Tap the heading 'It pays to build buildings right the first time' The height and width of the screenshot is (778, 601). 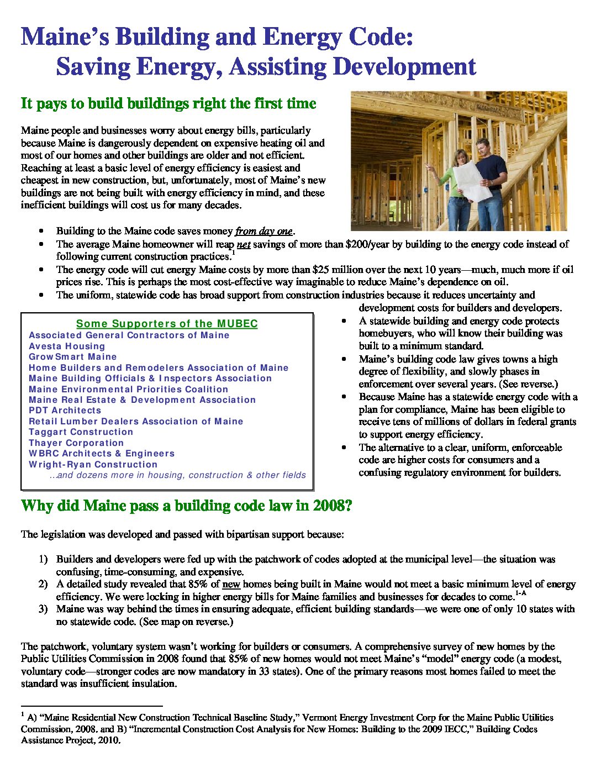tap(168, 103)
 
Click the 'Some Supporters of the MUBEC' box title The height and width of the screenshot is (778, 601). tap(167, 324)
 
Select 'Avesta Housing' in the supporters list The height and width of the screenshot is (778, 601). tap(67, 346)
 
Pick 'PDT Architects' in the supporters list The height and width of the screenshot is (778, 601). tap(65, 411)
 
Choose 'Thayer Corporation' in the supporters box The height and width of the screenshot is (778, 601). tap(76, 443)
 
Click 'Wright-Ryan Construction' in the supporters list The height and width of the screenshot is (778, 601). tap(93, 464)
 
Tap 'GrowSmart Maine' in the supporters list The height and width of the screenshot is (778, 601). tap(73, 357)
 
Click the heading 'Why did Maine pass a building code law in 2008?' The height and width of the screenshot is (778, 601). tap(186, 506)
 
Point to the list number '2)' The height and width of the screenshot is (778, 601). tap(43, 584)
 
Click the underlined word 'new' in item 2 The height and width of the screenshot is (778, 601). tap(231, 584)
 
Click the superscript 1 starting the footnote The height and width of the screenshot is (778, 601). tap(22, 715)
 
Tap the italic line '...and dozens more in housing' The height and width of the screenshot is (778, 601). tap(177, 475)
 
